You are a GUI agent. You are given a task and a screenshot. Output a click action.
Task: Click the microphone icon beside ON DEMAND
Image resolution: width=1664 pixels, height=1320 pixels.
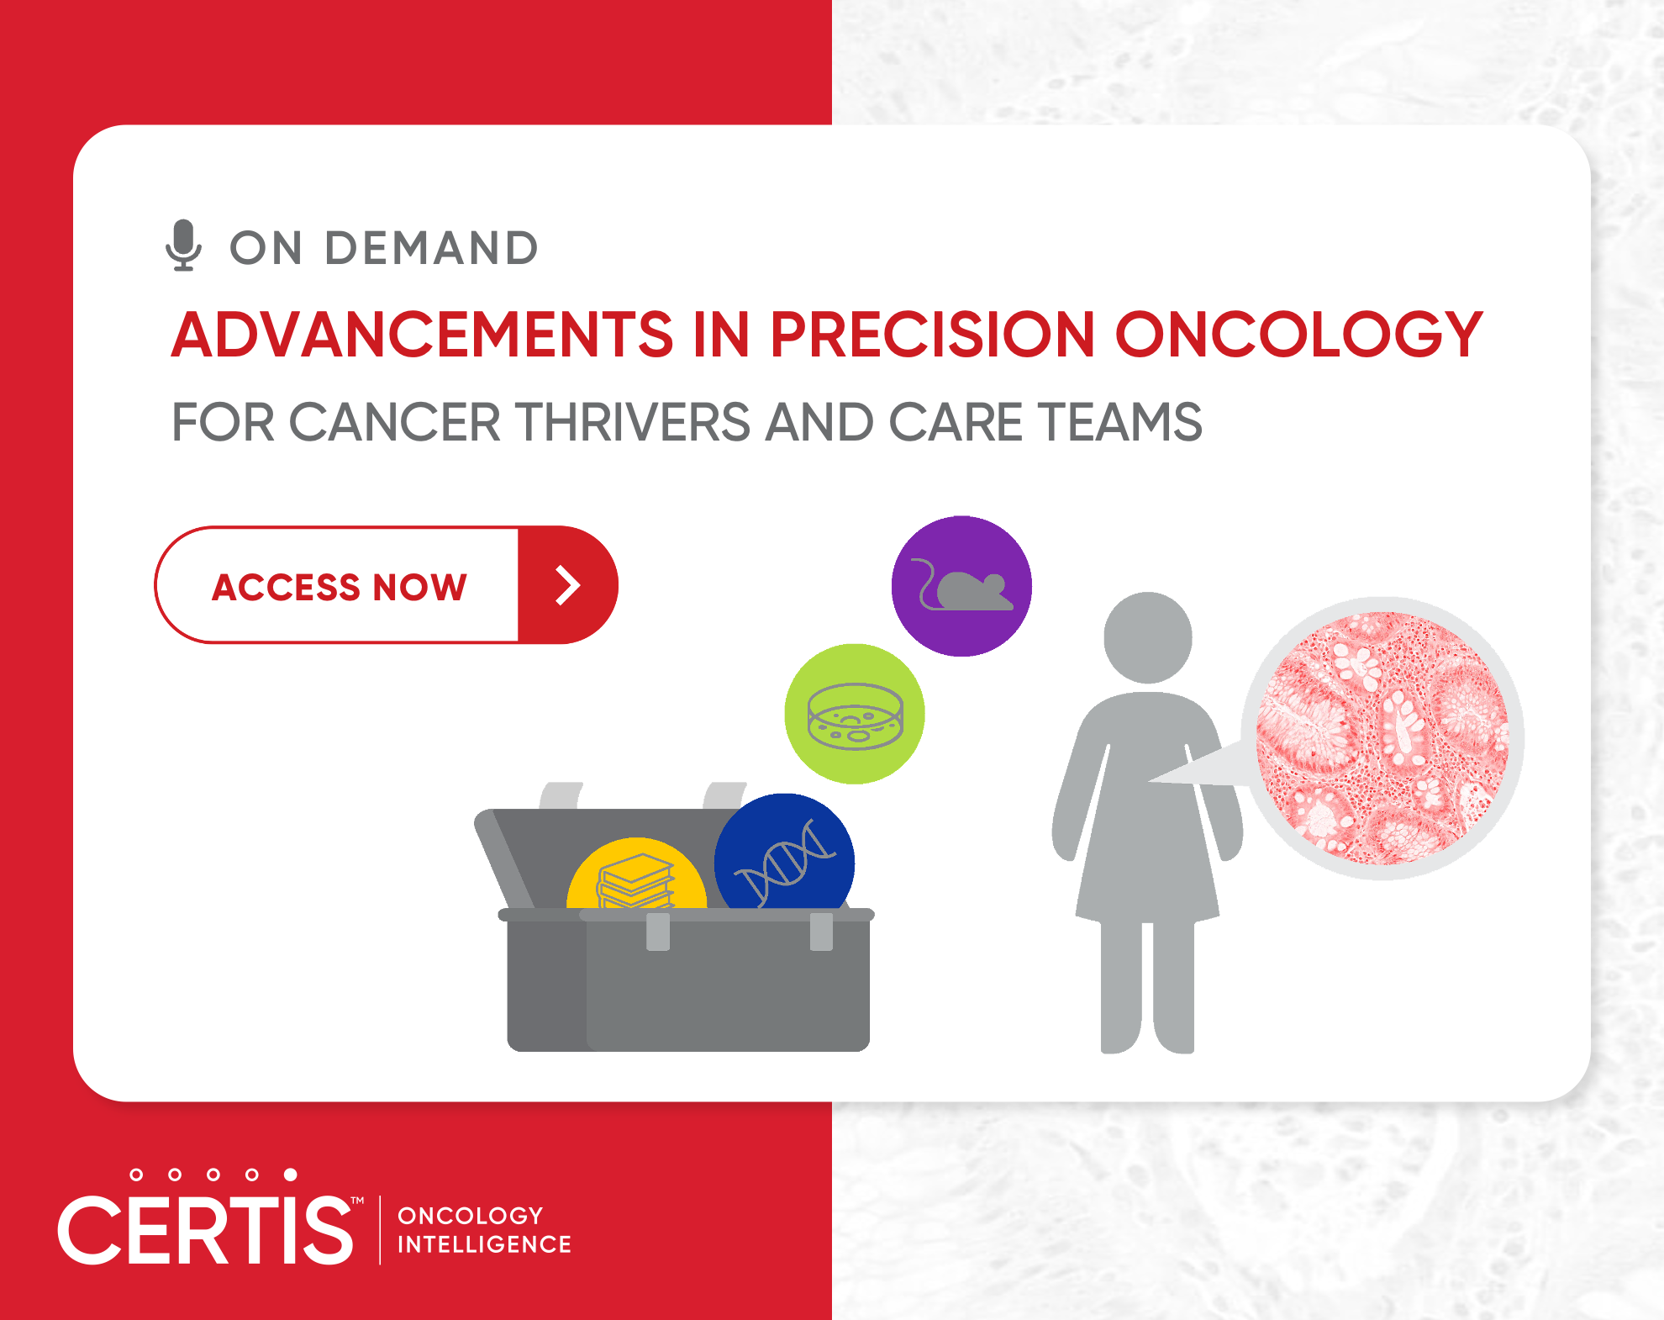[x=183, y=246]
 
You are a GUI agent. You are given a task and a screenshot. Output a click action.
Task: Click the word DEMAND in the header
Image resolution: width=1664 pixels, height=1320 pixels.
[x=432, y=248]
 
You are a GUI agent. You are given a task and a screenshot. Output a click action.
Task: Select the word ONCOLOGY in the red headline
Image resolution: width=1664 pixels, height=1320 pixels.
[x=1298, y=335]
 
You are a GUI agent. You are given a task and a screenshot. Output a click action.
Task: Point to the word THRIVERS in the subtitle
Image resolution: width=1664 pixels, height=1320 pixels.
[x=632, y=422]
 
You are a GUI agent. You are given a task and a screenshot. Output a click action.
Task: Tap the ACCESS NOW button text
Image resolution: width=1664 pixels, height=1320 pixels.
[x=340, y=587]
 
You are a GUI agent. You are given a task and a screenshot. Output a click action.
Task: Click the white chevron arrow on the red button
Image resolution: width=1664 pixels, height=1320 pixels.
[x=568, y=585]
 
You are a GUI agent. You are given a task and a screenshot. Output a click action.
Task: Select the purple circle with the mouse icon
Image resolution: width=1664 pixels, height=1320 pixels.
[x=961, y=586]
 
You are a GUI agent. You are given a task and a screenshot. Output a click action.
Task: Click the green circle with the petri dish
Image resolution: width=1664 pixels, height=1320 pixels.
[x=855, y=714]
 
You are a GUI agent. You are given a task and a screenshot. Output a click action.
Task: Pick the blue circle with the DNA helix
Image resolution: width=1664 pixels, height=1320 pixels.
[x=784, y=853]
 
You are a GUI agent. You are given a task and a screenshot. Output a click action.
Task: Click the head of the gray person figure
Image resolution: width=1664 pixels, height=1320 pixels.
[x=1147, y=637]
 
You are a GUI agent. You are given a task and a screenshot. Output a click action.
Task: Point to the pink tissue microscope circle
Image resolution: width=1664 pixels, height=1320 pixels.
[x=1382, y=738]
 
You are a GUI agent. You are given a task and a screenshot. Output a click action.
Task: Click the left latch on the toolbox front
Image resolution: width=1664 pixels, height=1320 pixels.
[x=658, y=932]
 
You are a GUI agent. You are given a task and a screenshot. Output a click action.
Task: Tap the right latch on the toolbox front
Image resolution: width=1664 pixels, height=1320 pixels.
[x=821, y=932]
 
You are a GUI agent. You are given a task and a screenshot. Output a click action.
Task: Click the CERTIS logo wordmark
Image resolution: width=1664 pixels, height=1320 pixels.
[x=207, y=1230]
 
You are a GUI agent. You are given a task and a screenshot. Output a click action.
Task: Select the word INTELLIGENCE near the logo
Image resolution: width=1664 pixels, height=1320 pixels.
[x=484, y=1244]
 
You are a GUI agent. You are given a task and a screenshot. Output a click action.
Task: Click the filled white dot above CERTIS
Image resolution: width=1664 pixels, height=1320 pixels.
[x=290, y=1175]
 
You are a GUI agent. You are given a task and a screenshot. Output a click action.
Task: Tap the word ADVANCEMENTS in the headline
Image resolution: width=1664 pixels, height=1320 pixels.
[x=423, y=335]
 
